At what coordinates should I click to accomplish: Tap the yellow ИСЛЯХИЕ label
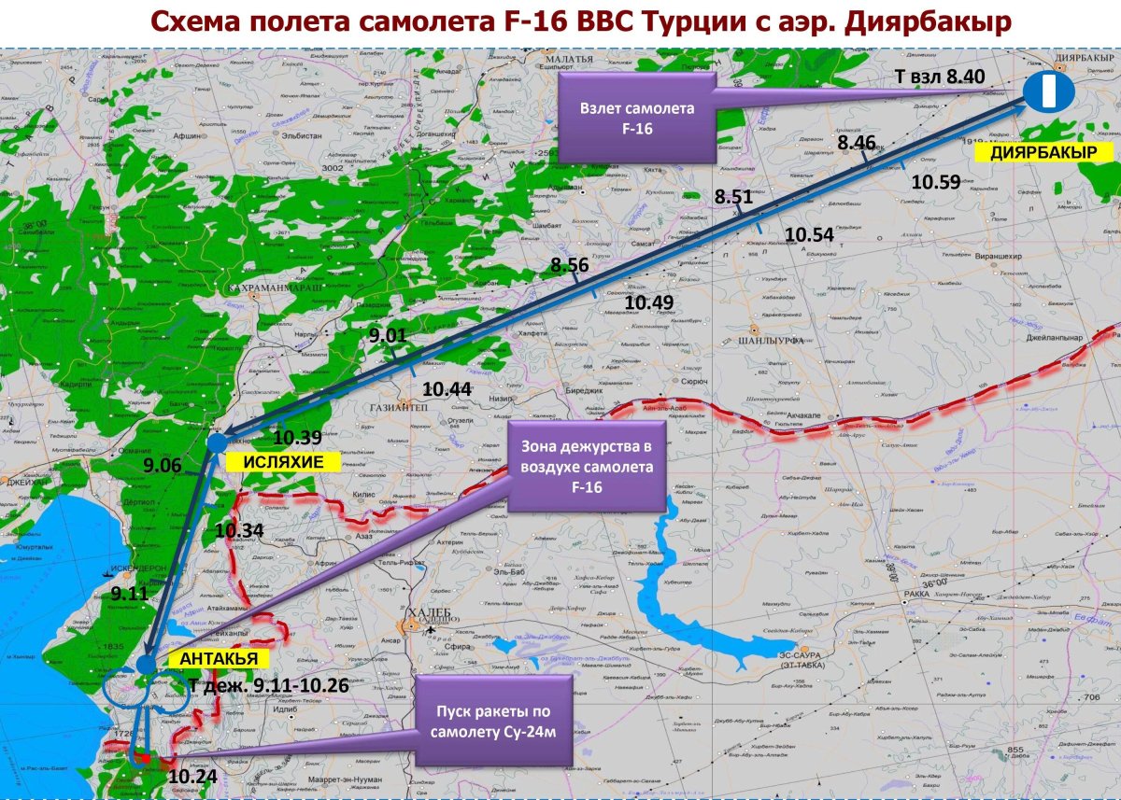pyautogui.click(x=283, y=461)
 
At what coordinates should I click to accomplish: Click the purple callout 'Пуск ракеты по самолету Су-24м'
pyautogui.click(x=494, y=720)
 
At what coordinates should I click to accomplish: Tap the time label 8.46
pyautogui.click(x=857, y=143)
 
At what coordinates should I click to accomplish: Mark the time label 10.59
pyautogui.click(x=936, y=182)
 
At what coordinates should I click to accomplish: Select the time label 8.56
pyautogui.click(x=570, y=265)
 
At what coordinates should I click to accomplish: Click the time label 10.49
pyautogui.click(x=649, y=302)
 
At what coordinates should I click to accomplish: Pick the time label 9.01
pyautogui.click(x=387, y=336)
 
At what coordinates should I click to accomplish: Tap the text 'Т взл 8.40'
pyautogui.click(x=939, y=77)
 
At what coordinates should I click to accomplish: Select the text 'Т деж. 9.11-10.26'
pyautogui.click(x=269, y=685)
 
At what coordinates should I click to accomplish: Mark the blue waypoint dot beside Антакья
pyautogui.click(x=147, y=664)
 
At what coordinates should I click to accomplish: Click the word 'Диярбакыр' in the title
pyautogui.click(x=928, y=23)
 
